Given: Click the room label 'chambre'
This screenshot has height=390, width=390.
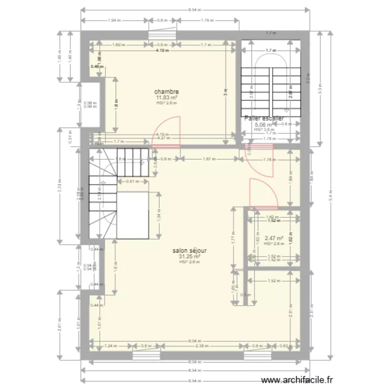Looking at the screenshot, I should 166,91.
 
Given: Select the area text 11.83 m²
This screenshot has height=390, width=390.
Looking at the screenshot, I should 166,97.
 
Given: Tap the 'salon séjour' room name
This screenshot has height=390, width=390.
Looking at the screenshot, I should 189,251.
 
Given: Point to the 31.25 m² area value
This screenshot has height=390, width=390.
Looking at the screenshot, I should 189,256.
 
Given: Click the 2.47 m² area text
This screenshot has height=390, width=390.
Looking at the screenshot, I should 273,238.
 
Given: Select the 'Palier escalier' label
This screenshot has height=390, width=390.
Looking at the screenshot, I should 264,119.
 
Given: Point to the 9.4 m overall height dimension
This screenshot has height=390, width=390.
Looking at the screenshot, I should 330,197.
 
